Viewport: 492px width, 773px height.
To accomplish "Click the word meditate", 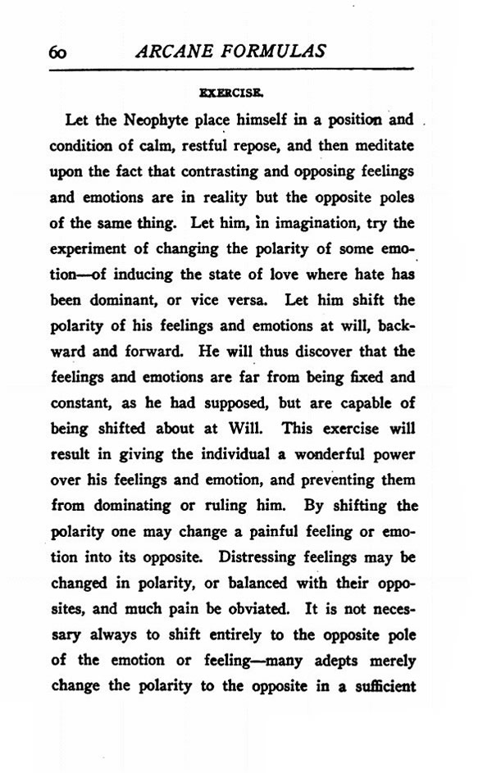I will click(385, 146).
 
